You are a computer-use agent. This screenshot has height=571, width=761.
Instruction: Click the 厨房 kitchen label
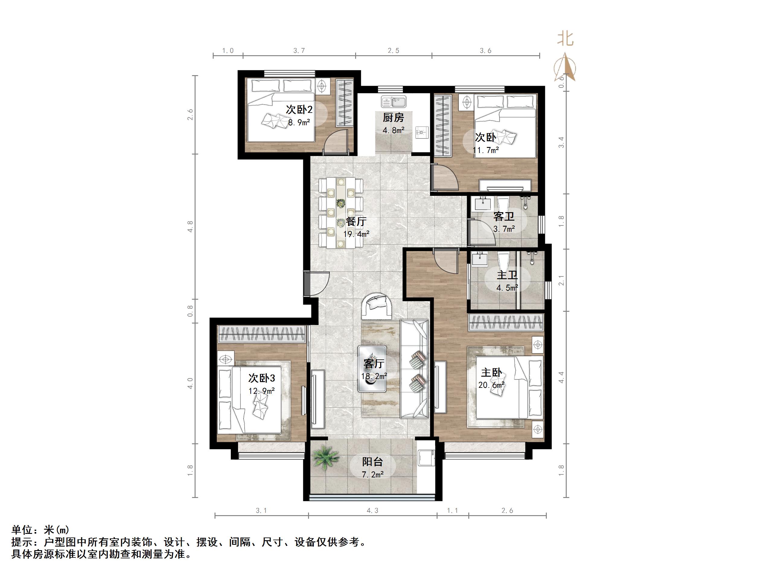393,118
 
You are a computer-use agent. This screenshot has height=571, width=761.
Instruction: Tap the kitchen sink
393,101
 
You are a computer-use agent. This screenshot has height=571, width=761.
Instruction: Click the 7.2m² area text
373,475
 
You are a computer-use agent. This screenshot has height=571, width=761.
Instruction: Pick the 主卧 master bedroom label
491,372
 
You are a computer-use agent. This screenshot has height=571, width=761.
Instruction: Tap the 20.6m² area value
491,385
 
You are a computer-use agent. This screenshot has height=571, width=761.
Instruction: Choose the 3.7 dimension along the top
299,51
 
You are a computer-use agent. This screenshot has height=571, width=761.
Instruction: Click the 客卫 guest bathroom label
504,216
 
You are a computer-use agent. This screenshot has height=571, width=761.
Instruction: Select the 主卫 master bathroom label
507,275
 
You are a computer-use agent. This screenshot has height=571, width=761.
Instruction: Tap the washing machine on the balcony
425,458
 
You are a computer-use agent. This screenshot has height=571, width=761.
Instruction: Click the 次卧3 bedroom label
262,378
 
